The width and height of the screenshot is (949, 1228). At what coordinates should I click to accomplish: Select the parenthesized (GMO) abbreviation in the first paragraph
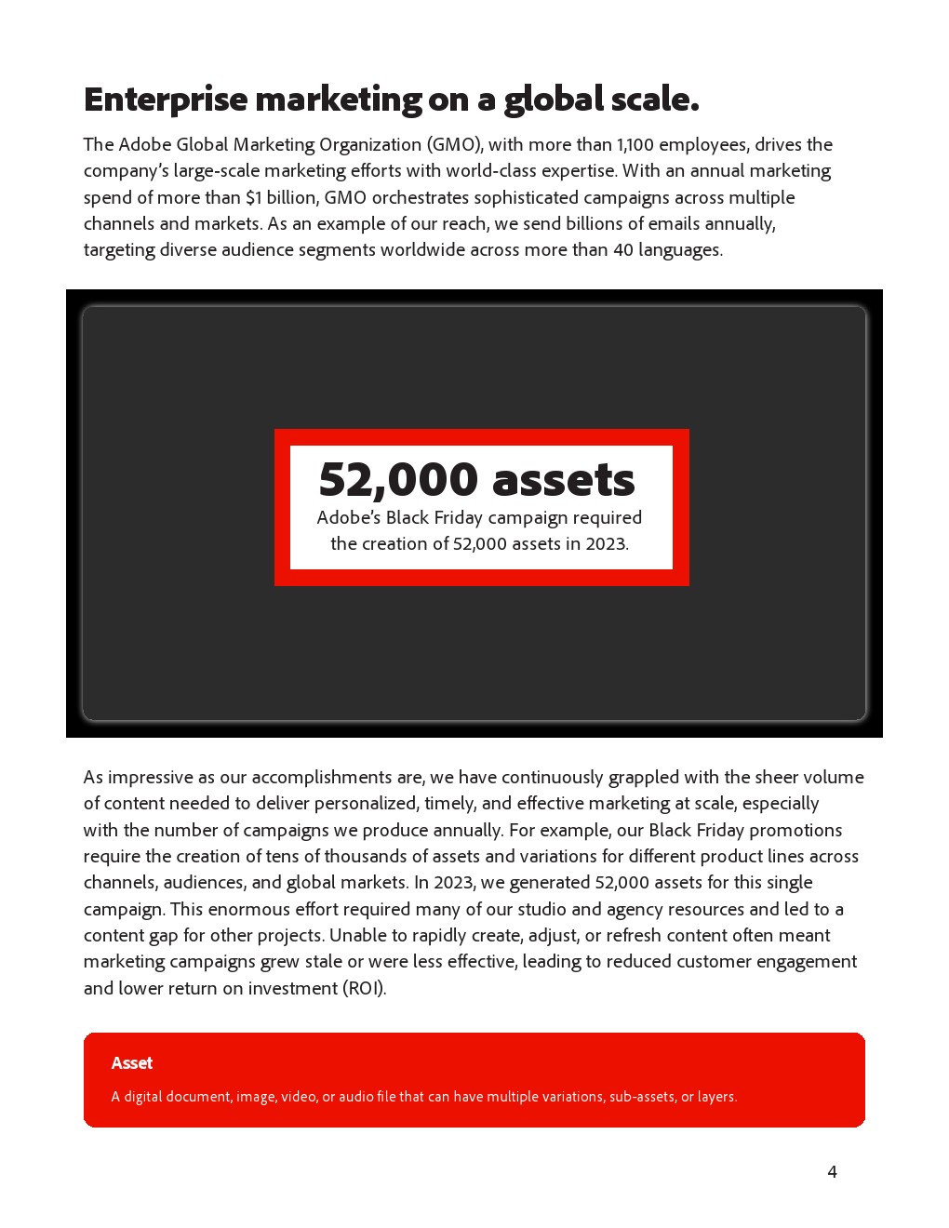click(454, 144)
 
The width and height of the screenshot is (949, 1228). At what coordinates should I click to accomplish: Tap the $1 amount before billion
click(254, 197)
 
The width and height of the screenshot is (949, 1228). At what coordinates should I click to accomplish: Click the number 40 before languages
click(622, 249)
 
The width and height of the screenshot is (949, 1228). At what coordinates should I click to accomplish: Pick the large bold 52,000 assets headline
click(476, 479)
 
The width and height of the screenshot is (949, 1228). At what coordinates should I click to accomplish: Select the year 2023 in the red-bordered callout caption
click(606, 543)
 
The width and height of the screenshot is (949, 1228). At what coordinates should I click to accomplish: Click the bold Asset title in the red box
click(132, 1063)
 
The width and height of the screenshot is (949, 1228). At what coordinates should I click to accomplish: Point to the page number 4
click(832, 1172)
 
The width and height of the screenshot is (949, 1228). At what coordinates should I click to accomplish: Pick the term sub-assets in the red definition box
click(642, 1097)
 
